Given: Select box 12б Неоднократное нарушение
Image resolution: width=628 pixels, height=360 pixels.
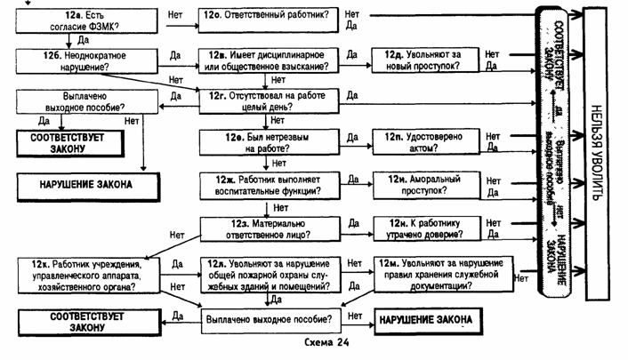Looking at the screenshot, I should pyautogui.click(x=78, y=61).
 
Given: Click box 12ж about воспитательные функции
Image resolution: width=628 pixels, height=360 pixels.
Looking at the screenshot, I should pyautogui.click(x=267, y=185).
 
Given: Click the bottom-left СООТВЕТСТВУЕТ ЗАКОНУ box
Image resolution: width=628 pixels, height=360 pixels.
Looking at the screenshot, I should pyautogui.click(x=83, y=321).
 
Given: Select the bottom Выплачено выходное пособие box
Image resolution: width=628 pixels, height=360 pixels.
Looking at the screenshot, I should pyautogui.click(x=267, y=317).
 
